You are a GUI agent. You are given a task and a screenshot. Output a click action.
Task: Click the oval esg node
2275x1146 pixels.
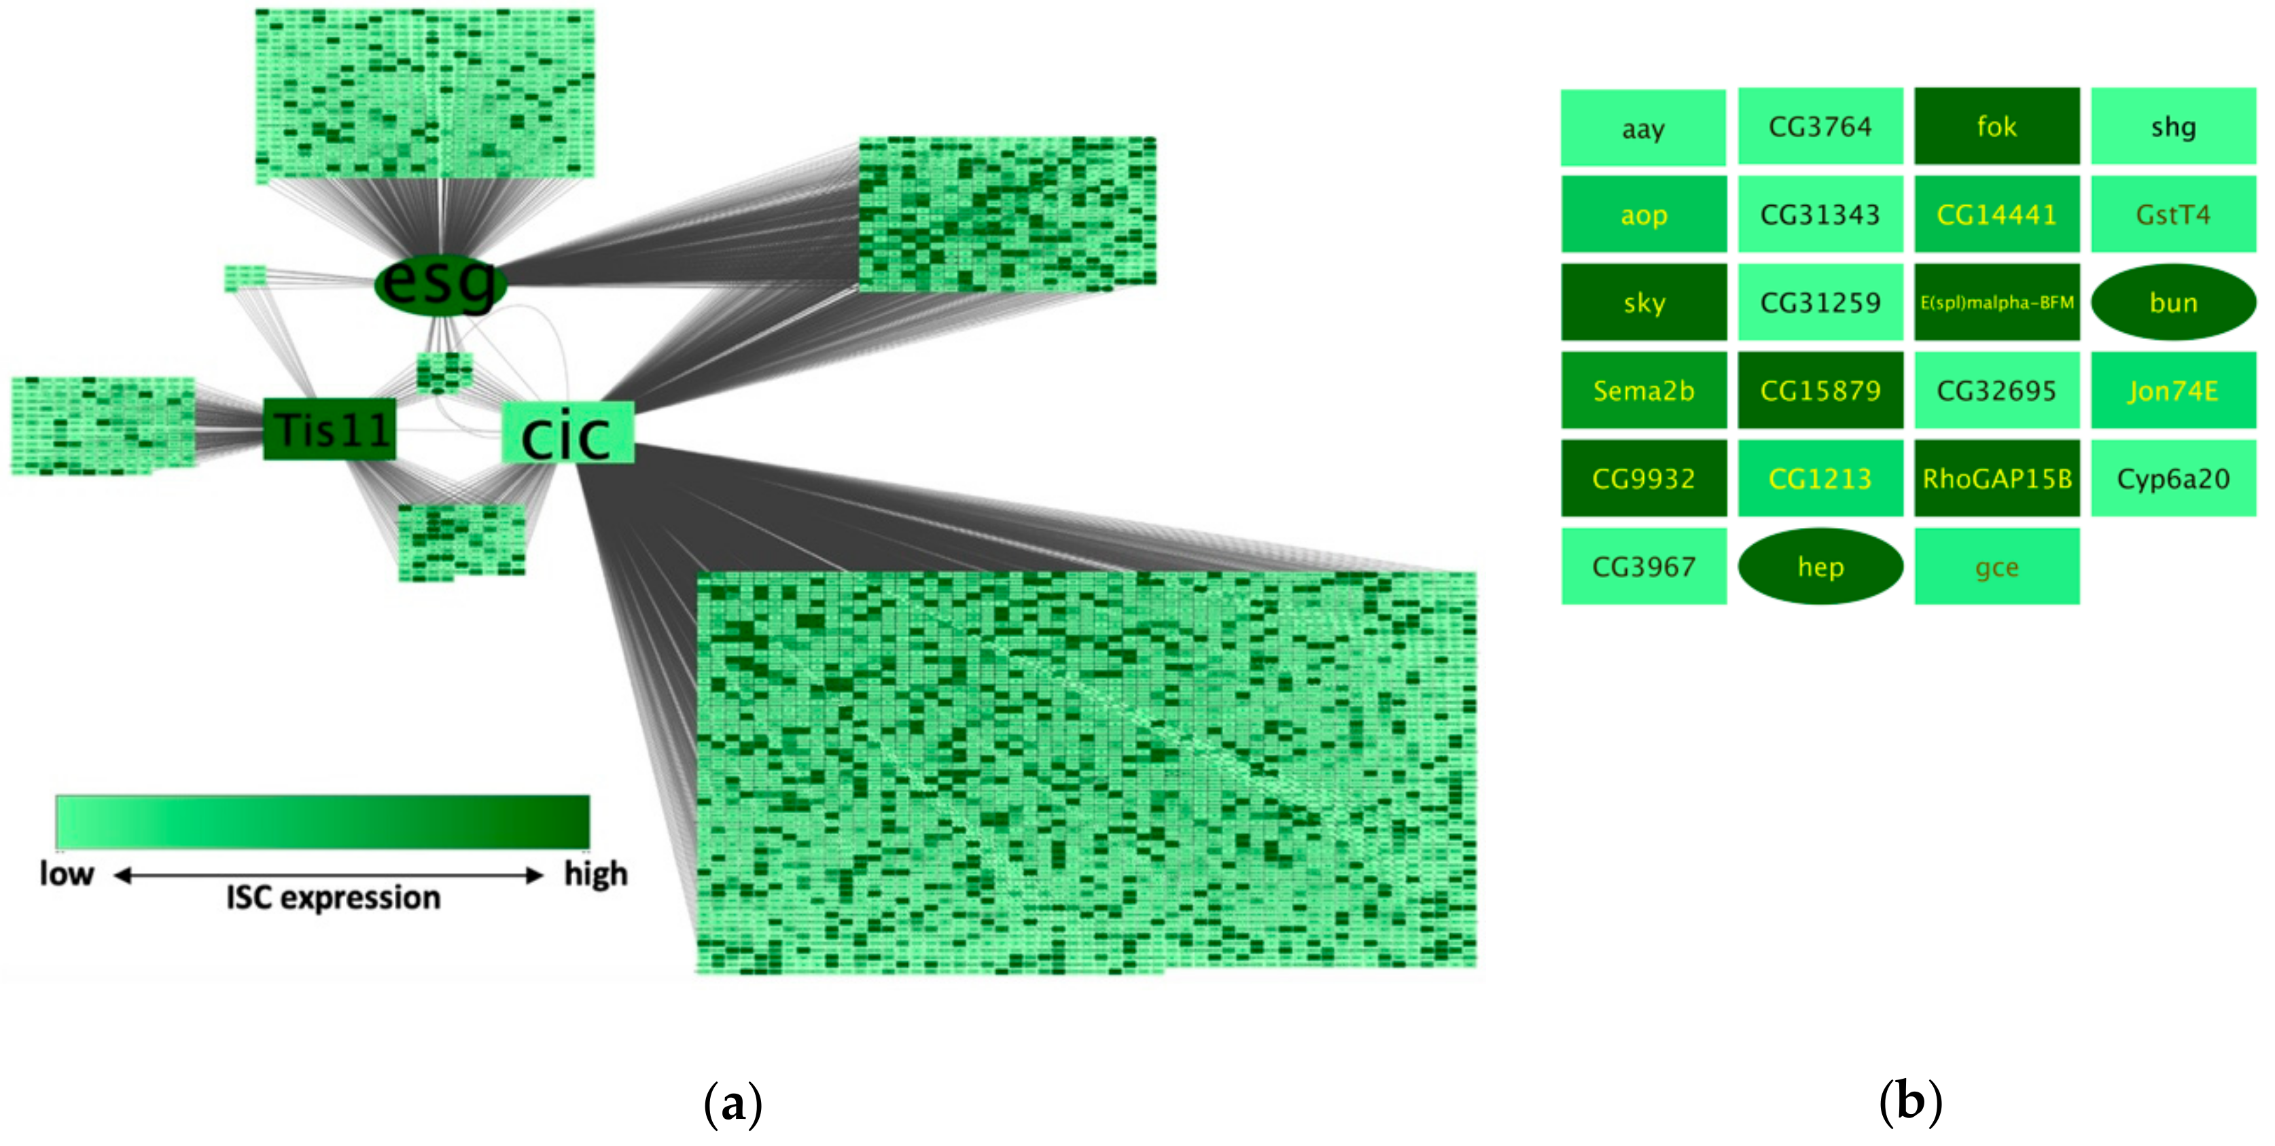(440, 283)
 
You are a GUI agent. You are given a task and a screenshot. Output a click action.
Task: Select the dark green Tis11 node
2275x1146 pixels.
(330, 429)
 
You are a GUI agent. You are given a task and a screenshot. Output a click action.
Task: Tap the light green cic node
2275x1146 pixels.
(567, 433)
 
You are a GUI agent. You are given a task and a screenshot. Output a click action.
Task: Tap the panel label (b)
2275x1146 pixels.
(1909, 1102)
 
